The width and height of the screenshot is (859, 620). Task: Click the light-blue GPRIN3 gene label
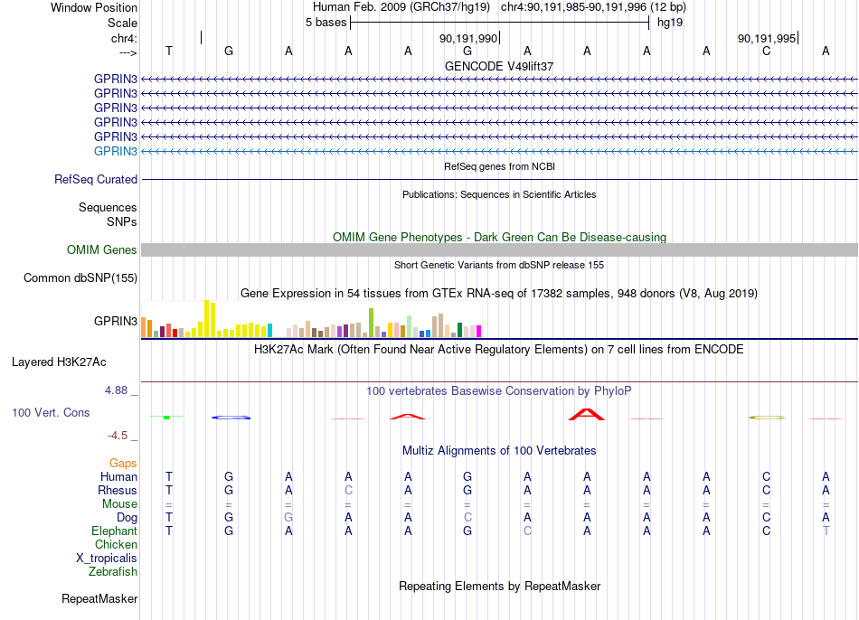pyautogui.click(x=116, y=151)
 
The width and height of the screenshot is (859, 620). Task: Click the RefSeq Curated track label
pyautogui.click(x=96, y=179)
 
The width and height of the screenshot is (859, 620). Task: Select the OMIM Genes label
pyautogui.click(x=102, y=249)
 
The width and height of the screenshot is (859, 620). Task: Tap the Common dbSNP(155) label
pyautogui.click(x=80, y=277)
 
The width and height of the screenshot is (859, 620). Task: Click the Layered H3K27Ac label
pyautogui.click(x=59, y=362)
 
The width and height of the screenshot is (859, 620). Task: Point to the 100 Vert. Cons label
pyautogui.click(x=51, y=412)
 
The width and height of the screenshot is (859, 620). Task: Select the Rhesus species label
pyautogui.click(x=118, y=490)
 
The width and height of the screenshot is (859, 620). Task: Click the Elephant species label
pyautogui.click(x=115, y=531)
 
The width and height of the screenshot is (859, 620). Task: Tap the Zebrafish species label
pyautogui.click(x=113, y=571)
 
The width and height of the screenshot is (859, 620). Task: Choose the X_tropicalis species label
pyautogui.click(x=107, y=559)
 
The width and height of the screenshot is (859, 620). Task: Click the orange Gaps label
pyautogui.click(x=123, y=464)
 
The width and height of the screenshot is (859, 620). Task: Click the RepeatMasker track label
pyautogui.click(x=99, y=598)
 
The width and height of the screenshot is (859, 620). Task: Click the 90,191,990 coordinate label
pyautogui.click(x=468, y=38)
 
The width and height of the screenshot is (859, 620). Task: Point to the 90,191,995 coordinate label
pyautogui.click(x=767, y=38)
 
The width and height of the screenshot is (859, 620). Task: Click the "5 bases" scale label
pyautogui.click(x=326, y=23)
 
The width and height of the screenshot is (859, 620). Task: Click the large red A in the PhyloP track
pyautogui.click(x=587, y=415)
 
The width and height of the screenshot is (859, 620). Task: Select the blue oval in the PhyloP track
pyautogui.click(x=231, y=418)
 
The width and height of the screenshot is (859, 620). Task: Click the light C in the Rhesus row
pyautogui.click(x=348, y=490)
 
